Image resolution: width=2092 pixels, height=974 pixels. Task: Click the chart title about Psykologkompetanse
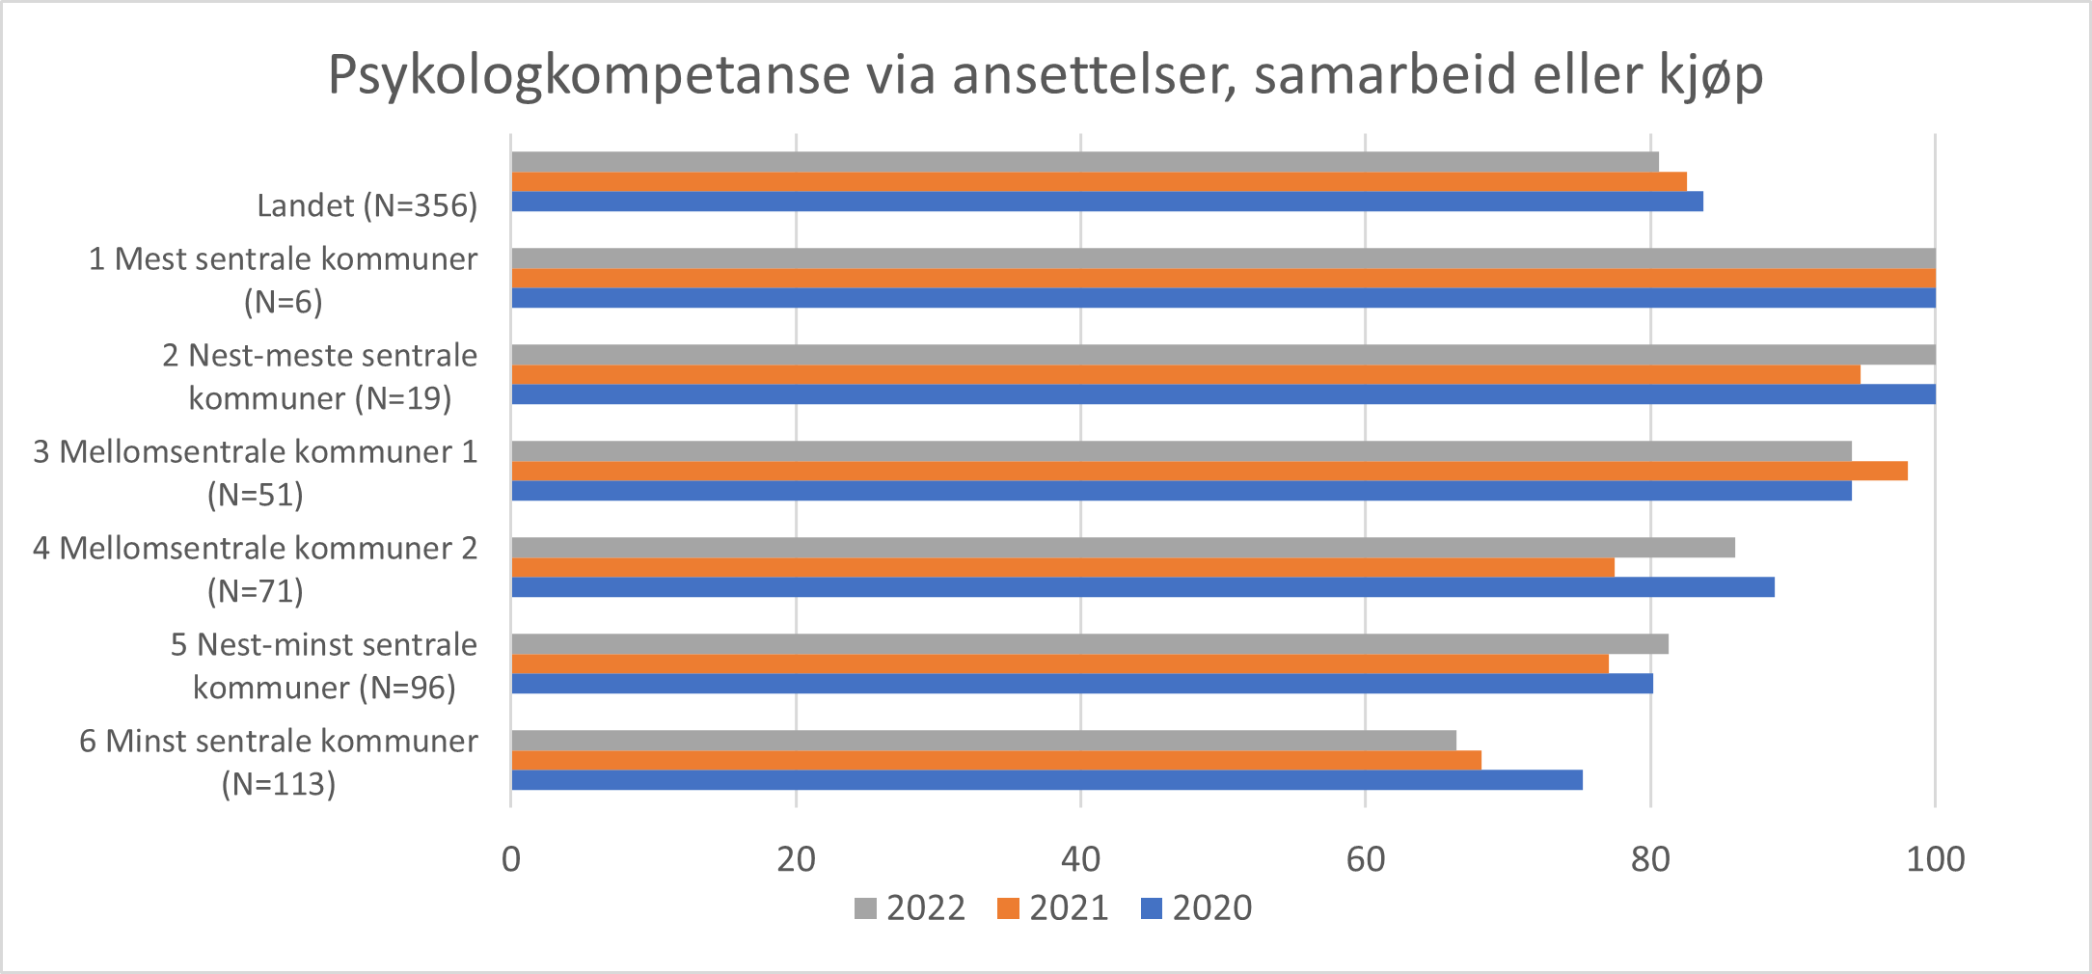coord(1046,75)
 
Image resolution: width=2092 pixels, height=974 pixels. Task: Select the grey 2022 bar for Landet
coord(1085,162)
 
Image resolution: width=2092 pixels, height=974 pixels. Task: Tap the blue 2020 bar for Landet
coord(1107,202)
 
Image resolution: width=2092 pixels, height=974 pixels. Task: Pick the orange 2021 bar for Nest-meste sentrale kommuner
coord(1185,374)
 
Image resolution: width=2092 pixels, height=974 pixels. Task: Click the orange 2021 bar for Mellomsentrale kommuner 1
coord(1209,471)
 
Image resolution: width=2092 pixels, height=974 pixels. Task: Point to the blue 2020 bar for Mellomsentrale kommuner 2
coord(1143,587)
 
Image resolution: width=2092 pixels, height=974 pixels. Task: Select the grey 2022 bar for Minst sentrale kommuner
coord(984,741)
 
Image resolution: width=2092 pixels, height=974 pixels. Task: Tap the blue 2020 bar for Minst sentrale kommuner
coord(1046,780)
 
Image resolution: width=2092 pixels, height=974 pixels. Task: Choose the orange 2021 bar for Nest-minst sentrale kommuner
coord(1060,663)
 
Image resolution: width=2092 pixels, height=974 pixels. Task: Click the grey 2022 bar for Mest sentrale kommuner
coord(1223,258)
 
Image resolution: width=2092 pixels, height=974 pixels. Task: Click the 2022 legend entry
coord(910,908)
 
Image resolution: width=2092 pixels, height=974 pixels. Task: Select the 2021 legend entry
coord(1052,908)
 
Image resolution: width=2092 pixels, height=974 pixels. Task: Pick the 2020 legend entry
coord(1196,908)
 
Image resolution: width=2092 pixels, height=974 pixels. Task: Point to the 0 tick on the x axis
coord(511,858)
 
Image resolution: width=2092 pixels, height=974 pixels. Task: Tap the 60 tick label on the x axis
coord(1365,858)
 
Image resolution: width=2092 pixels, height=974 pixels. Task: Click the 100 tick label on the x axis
coord(1935,858)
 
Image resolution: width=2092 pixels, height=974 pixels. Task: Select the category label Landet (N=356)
coord(367,205)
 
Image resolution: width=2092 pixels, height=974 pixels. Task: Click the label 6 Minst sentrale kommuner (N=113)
coord(279,762)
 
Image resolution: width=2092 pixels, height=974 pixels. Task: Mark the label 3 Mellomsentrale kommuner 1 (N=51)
coord(256,473)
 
